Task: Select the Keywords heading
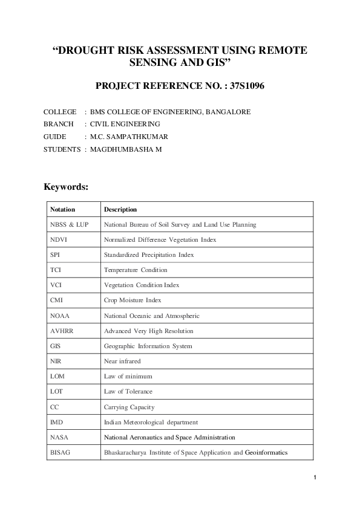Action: coord(67,187)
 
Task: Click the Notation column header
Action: coord(63,210)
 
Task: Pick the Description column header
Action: coord(120,210)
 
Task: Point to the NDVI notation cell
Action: coord(59,240)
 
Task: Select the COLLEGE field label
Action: coord(60,112)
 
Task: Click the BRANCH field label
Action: coord(59,124)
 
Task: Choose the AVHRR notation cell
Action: coord(62,331)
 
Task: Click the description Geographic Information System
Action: coord(148,346)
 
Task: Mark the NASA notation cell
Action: coord(59,437)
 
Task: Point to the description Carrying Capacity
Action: coord(129,407)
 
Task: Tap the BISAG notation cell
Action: coord(61,452)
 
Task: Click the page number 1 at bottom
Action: coord(315,479)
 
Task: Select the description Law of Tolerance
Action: coord(128,392)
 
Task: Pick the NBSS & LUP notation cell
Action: coord(70,225)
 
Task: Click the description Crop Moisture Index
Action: coord(133,300)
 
